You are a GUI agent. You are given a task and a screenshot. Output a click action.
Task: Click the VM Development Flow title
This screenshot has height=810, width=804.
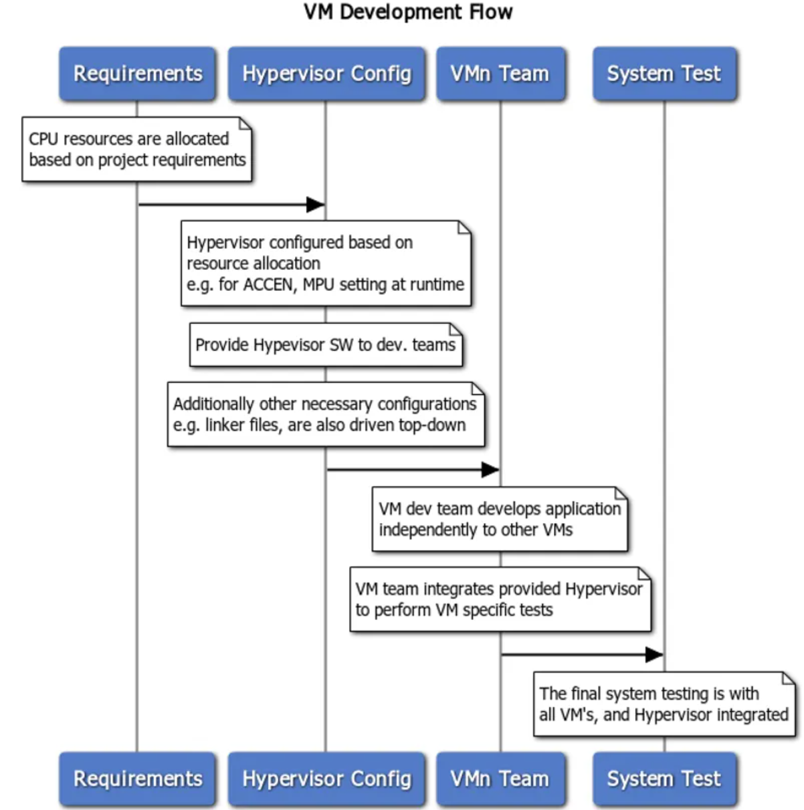(408, 12)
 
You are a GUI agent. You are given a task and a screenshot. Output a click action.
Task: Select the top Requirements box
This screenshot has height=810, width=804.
(138, 74)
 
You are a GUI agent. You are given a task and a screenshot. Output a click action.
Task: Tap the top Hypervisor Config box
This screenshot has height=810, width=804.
(326, 74)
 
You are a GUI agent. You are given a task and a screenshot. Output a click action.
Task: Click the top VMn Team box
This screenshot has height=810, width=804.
(500, 74)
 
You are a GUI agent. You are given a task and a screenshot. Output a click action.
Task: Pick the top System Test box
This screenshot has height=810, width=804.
(664, 74)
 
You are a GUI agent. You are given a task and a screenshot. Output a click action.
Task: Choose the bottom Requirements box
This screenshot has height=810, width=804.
(138, 779)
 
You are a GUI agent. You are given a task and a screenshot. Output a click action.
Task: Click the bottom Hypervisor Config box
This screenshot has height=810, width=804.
(326, 779)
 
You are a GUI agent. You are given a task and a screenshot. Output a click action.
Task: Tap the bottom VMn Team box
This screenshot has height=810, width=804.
(500, 779)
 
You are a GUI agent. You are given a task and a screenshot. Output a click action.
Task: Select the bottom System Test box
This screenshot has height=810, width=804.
(664, 779)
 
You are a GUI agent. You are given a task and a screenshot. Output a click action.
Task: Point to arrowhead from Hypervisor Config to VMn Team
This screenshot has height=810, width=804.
(490, 470)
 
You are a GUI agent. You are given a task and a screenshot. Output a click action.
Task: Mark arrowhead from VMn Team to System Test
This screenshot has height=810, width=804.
(654, 654)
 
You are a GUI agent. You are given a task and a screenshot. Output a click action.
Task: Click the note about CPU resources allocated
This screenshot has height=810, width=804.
(137, 149)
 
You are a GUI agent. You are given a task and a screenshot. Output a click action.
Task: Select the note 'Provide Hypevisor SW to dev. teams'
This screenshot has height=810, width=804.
(326, 344)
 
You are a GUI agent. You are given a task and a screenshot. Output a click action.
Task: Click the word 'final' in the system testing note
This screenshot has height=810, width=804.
(585, 694)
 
